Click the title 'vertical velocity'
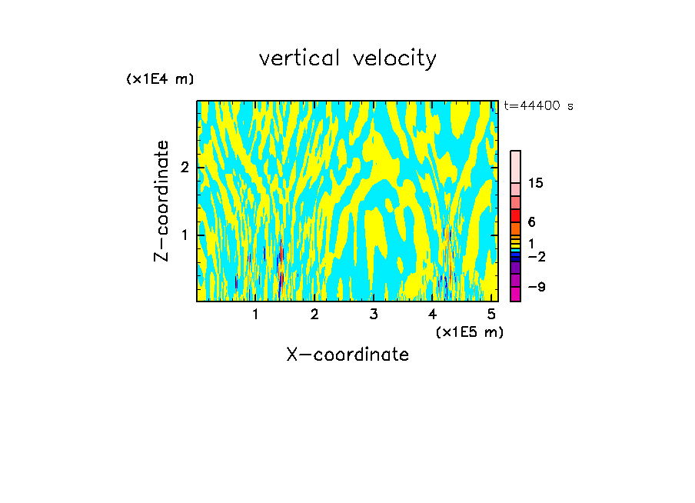click(x=347, y=58)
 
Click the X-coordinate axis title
click(x=347, y=355)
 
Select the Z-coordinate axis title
click(x=161, y=201)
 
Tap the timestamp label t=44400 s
click(x=539, y=106)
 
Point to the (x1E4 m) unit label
click(x=160, y=79)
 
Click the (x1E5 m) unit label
click(x=469, y=331)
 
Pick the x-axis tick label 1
click(x=255, y=314)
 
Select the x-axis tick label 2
click(x=314, y=314)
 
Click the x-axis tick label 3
click(x=374, y=314)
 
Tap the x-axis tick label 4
click(x=433, y=314)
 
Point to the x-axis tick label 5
click(x=491, y=314)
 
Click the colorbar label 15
click(x=536, y=183)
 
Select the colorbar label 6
click(x=531, y=222)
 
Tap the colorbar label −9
click(x=536, y=287)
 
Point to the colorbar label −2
click(x=536, y=256)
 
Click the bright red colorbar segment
click(x=515, y=215)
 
